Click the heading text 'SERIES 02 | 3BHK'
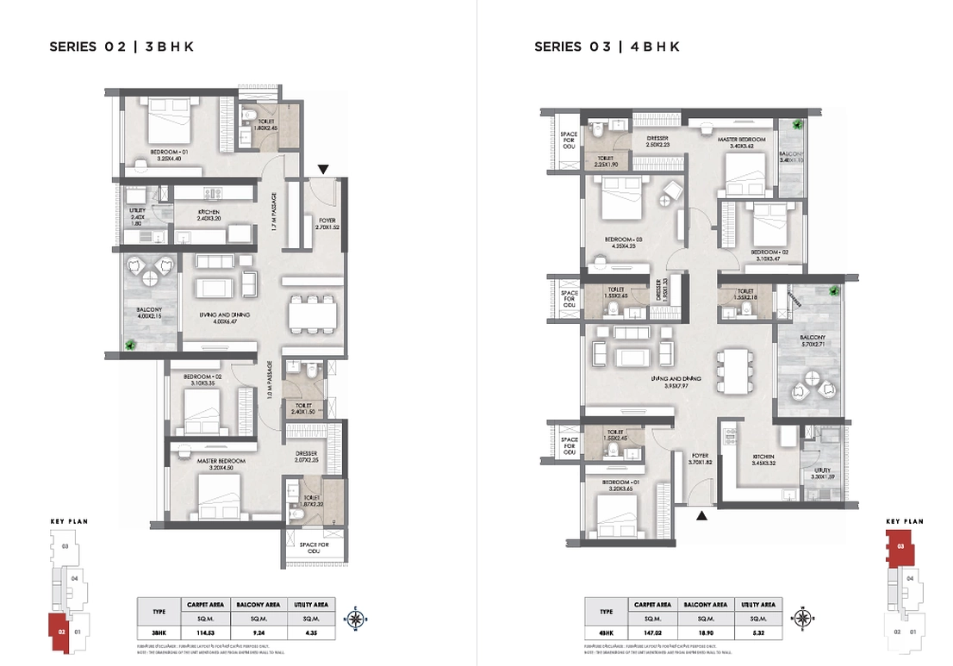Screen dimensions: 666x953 tap(121, 47)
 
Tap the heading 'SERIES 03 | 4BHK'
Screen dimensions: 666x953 tap(607, 47)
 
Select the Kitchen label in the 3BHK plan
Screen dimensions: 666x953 tap(209, 215)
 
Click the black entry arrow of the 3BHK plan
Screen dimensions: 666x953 tap(322, 169)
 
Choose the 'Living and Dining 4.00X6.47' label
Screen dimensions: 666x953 tap(224, 320)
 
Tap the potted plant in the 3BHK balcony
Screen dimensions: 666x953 tap(131, 345)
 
